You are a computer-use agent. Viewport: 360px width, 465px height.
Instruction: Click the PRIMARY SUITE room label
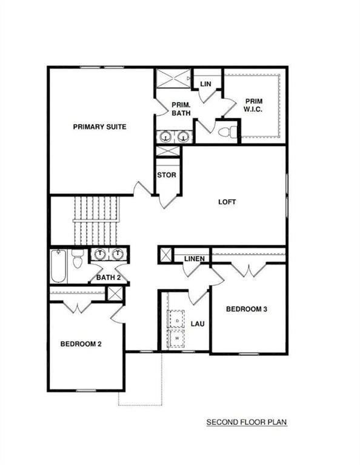(x=99, y=127)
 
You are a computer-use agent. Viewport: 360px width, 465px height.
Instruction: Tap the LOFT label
(x=227, y=202)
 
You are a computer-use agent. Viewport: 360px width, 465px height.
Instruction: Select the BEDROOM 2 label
(x=81, y=344)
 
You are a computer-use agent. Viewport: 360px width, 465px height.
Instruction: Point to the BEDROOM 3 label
(x=247, y=309)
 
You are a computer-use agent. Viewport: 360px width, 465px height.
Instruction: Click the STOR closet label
(x=167, y=175)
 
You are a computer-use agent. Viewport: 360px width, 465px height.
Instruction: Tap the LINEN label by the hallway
(x=194, y=260)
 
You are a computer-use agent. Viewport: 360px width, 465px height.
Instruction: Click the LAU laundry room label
(x=198, y=324)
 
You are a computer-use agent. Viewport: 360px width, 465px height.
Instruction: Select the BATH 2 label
(x=108, y=278)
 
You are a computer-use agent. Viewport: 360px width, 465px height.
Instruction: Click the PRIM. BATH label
(x=181, y=108)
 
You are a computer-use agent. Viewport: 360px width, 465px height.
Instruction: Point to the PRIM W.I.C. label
(x=253, y=105)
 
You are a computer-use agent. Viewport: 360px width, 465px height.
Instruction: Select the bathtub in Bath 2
(x=58, y=266)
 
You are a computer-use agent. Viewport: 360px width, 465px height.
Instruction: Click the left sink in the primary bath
(x=165, y=137)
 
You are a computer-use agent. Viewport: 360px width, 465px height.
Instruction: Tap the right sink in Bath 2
(x=118, y=254)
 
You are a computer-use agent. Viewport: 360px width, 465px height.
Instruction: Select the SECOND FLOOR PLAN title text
(x=246, y=421)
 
